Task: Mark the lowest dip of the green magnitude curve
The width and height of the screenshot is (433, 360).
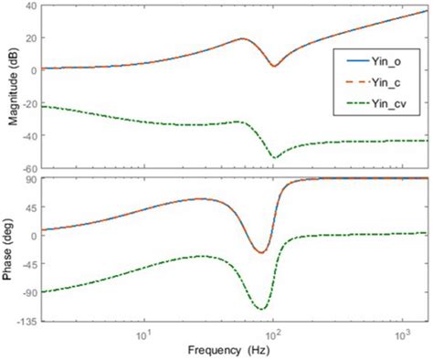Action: [x=274, y=158]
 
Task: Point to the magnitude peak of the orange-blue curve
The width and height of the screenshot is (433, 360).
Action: [x=242, y=39]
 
